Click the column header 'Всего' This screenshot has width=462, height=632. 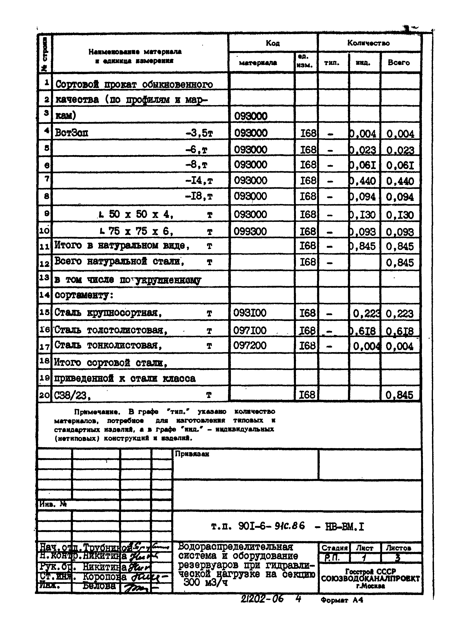(399, 62)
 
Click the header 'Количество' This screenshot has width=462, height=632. (368, 43)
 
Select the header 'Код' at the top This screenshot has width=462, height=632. (272, 43)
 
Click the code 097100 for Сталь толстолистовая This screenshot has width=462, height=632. (250, 330)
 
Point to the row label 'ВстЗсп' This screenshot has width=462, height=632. (72, 133)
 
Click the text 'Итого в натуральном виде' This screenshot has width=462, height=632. (122, 246)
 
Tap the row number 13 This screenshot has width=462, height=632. (44, 277)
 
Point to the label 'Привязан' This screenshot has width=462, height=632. (192, 454)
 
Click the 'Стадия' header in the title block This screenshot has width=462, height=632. (334, 548)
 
